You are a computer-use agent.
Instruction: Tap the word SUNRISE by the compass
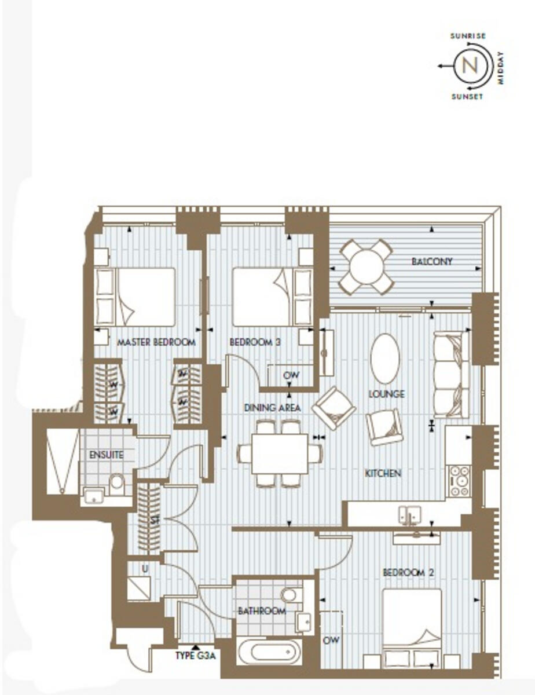click(x=468, y=36)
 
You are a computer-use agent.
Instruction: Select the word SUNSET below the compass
click(x=467, y=97)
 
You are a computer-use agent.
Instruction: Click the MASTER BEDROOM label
click(x=156, y=342)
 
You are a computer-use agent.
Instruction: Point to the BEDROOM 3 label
click(x=255, y=342)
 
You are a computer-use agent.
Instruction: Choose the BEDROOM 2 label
click(x=408, y=572)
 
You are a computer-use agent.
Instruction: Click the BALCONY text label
click(x=432, y=262)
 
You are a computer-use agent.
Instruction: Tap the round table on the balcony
click(x=367, y=266)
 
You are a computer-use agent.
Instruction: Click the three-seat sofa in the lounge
click(x=451, y=374)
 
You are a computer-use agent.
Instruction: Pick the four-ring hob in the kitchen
click(x=460, y=481)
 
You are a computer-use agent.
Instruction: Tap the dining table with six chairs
click(x=280, y=453)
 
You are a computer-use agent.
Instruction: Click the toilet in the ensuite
click(x=116, y=482)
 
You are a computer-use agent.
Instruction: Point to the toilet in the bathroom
click(x=289, y=594)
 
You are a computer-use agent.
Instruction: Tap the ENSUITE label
click(x=107, y=455)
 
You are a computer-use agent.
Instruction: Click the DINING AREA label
click(x=272, y=408)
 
